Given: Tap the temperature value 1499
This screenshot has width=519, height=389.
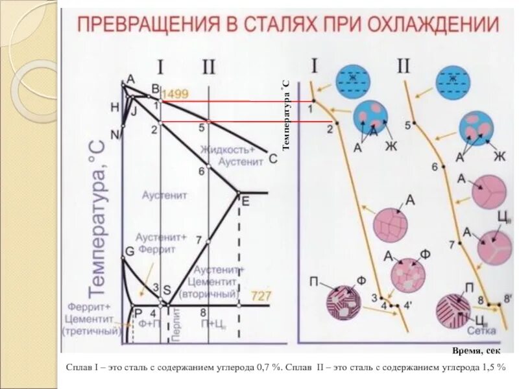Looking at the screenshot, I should point(175,94).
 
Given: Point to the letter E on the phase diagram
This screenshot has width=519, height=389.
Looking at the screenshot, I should point(245,201).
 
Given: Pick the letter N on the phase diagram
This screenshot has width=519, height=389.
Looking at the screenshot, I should point(115,135).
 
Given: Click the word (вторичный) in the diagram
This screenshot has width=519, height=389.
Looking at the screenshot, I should point(211,294).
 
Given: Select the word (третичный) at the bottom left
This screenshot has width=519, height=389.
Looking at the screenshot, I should point(91,331).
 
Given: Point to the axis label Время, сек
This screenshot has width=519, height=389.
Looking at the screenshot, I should point(476,351).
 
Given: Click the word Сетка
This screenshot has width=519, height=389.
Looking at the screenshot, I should point(481,331).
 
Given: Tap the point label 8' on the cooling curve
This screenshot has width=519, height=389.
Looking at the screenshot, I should point(508,298).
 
